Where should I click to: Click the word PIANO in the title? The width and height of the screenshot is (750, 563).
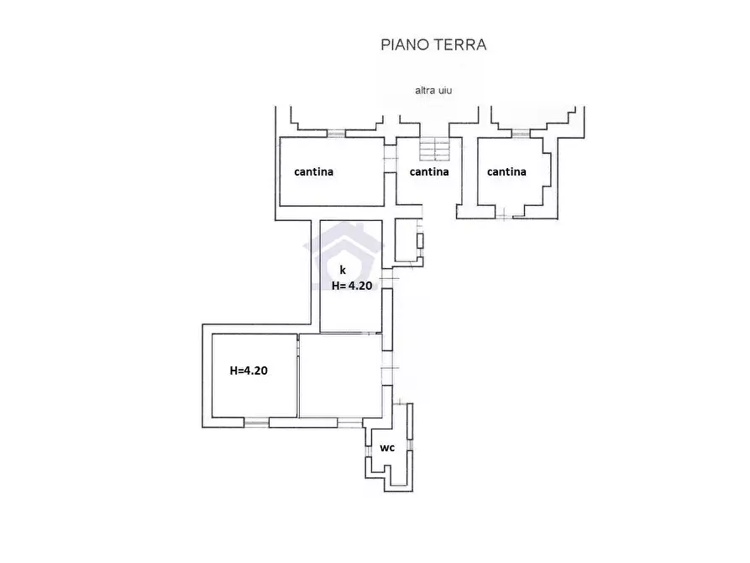point(406,45)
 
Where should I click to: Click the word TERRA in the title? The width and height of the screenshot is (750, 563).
point(460,45)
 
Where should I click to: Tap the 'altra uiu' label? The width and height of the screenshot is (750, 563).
point(433,91)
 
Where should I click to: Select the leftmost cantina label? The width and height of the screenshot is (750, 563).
point(314,171)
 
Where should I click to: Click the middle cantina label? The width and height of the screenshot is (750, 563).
point(429,171)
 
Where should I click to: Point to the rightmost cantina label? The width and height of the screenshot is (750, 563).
point(506,171)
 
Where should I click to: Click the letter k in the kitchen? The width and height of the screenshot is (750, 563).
point(343,270)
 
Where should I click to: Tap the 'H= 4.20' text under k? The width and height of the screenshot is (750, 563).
point(352,286)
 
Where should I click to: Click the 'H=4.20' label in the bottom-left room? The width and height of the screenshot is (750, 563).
point(249,371)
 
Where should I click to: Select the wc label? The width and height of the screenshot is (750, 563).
point(387,448)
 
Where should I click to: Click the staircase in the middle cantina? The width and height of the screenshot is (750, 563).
point(435,149)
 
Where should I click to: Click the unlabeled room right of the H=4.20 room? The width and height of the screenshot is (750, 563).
point(340,376)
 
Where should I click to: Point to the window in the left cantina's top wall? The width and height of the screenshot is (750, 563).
point(336,133)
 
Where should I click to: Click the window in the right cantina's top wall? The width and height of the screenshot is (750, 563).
point(521,133)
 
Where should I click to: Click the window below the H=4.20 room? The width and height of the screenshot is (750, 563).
point(256,423)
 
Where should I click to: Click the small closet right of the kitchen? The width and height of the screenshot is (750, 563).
point(406,239)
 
